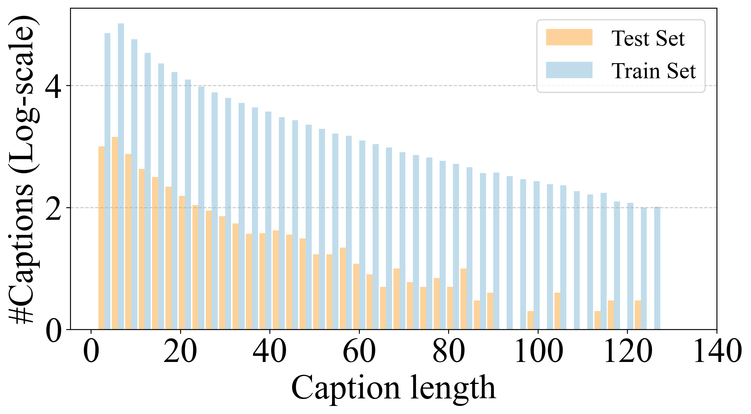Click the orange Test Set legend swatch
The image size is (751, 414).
click(x=569, y=37)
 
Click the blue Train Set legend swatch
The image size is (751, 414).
click(x=569, y=70)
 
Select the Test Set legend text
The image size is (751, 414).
click(x=648, y=38)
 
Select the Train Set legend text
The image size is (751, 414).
click(x=653, y=71)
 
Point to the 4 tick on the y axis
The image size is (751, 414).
click(x=53, y=86)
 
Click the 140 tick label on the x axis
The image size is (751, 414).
click(x=717, y=352)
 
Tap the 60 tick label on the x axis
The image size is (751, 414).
click(x=359, y=352)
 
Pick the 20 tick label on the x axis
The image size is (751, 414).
click(x=180, y=352)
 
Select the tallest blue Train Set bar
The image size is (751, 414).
click(x=121, y=175)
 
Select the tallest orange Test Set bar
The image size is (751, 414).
click(x=115, y=233)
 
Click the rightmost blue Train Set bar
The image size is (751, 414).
click(x=657, y=268)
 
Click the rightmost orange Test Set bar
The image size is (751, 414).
click(x=638, y=315)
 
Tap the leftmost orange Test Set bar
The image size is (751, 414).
click(x=101, y=238)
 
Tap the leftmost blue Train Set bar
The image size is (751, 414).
click(x=107, y=181)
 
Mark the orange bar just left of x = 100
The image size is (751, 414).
click(x=530, y=320)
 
